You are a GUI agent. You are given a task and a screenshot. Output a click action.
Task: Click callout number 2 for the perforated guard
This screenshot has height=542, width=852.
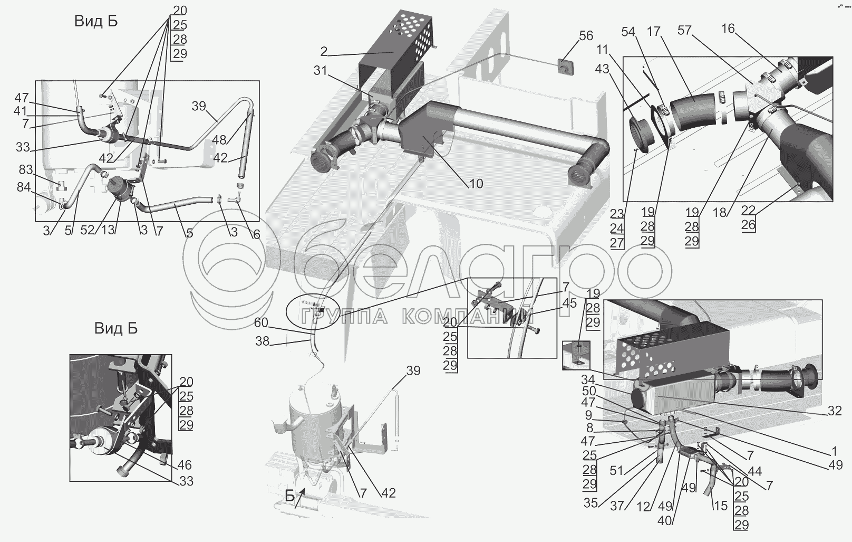pyautogui.click(x=324, y=52)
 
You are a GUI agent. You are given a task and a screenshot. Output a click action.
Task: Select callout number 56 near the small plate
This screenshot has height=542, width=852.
pyautogui.click(x=586, y=36)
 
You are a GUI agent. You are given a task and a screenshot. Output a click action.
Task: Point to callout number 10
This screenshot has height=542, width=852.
pyautogui.click(x=476, y=184)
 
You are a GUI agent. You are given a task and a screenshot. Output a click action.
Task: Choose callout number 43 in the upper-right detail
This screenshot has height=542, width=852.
pyautogui.click(x=602, y=69)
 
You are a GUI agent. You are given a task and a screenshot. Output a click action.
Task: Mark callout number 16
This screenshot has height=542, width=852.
pyautogui.click(x=728, y=28)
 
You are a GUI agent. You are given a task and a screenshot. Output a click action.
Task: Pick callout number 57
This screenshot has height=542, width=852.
pyautogui.click(x=684, y=31)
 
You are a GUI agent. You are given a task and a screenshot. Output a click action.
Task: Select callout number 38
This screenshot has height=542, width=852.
pyautogui.click(x=262, y=341)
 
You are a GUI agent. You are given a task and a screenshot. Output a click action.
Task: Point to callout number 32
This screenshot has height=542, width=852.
pyautogui.click(x=834, y=411)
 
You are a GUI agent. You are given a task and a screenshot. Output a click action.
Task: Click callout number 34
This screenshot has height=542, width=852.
pyautogui.click(x=588, y=379)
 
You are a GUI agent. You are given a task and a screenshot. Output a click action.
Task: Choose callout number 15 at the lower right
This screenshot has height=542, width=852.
pyautogui.click(x=720, y=506)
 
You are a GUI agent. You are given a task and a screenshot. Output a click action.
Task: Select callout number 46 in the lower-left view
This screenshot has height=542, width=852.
pyautogui.click(x=185, y=465)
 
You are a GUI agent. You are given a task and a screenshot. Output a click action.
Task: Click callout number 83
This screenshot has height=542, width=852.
pyautogui.click(x=25, y=170)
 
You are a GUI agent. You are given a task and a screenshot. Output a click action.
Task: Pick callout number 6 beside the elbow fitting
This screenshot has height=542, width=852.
pyautogui.click(x=256, y=234)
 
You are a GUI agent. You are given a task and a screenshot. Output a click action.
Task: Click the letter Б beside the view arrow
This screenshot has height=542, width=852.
pyautogui.click(x=290, y=496)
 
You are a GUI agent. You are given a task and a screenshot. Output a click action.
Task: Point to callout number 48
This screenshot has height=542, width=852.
pyautogui.click(x=219, y=140)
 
